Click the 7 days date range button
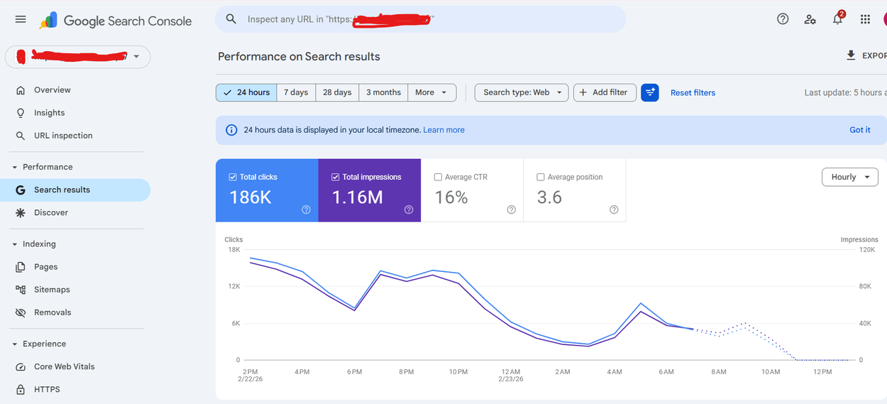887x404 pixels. click(296, 92)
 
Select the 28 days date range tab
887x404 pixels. click(337, 92)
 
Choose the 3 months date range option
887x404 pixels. click(383, 92)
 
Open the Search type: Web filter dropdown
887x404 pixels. click(522, 92)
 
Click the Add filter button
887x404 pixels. click(605, 92)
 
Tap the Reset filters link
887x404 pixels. click(693, 93)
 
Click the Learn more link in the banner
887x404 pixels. click(443, 130)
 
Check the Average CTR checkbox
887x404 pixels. click(438, 177)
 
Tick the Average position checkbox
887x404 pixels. click(541, 177)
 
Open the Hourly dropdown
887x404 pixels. click(849, 177)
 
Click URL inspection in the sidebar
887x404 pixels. click(63, 136)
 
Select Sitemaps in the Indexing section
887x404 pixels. click(52, 290)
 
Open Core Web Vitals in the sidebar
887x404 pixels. click(64, 366)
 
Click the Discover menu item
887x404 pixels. click(51, 212)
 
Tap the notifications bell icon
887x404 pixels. click(837, 20)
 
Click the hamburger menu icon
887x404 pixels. click(21, 20)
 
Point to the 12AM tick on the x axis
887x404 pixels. click(511, 371)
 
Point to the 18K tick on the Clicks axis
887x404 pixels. click(233, 250)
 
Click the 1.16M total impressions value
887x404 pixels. click(358, 197)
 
